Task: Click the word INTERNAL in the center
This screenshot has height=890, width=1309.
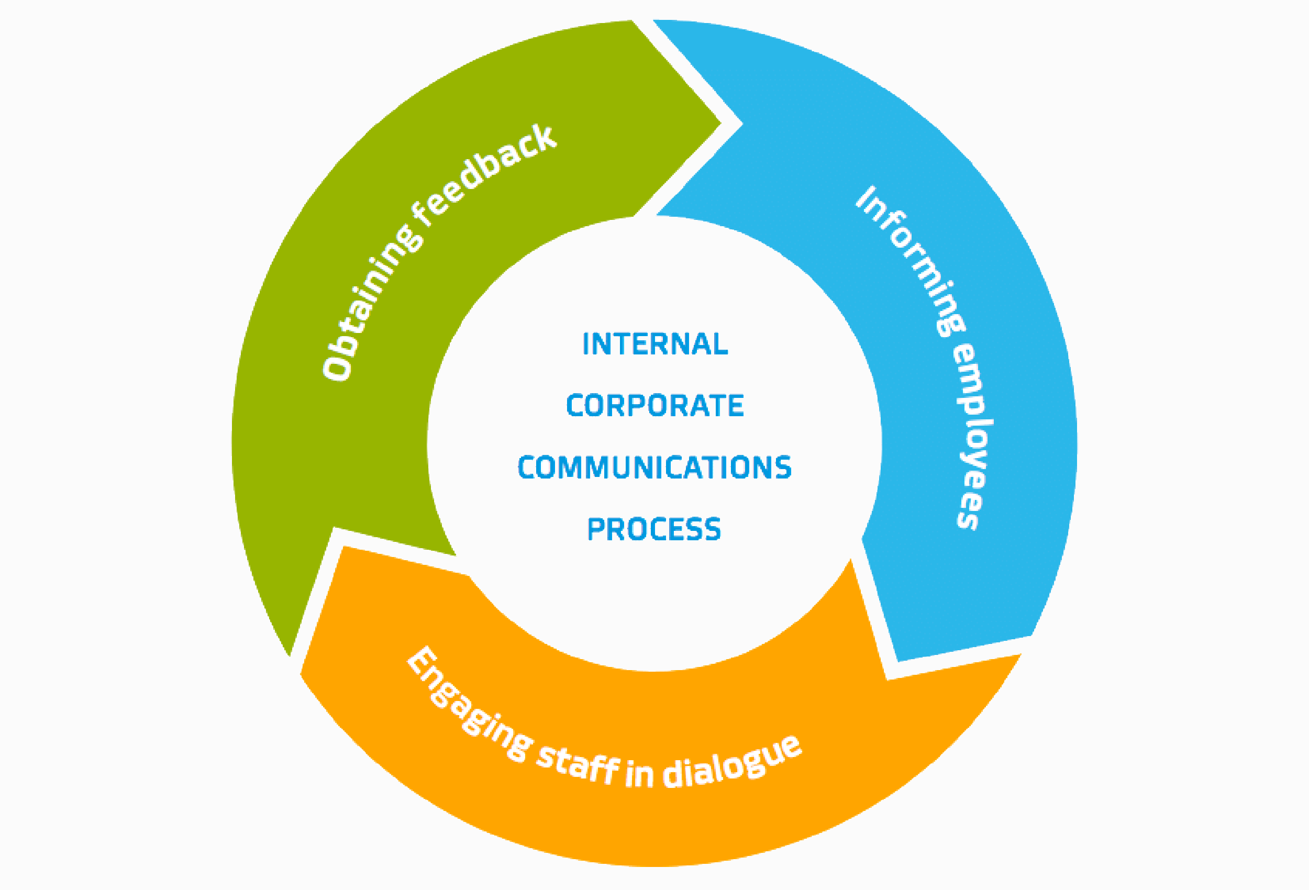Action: (654, 344)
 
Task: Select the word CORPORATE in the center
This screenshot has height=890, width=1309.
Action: (654, 406)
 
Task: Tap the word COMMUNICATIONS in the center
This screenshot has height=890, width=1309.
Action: (654, 468)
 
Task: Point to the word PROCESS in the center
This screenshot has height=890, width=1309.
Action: (653, 529)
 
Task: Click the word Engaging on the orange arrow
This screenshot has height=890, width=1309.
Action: (468, 704)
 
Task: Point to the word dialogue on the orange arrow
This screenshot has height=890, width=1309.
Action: (732, 763)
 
